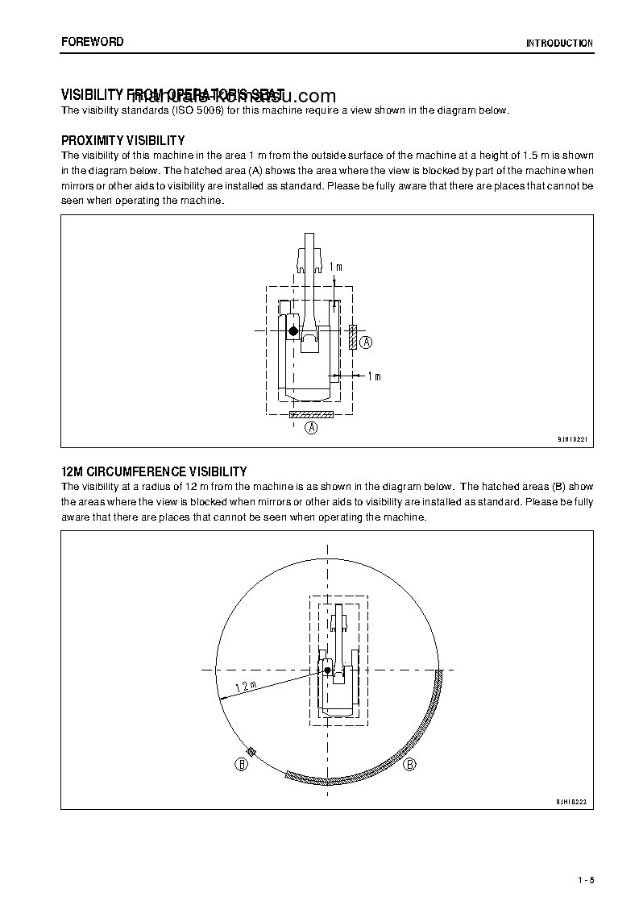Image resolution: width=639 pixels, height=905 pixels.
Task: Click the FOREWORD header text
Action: (x=93, y=42)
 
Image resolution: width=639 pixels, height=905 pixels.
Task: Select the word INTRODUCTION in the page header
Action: (x=559, y=44)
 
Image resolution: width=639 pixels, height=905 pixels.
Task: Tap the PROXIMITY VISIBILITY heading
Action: (x=123, y=140)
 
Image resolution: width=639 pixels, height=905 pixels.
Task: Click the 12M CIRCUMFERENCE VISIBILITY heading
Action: (x=154, y=471)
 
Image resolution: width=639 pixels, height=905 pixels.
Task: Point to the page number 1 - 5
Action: (x=586, y=879)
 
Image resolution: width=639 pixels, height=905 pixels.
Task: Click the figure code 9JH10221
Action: (x=572, y=440)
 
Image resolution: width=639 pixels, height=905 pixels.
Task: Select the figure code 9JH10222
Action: (x=571, y=802)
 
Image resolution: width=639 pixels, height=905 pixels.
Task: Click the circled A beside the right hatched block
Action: (x=366, y=342)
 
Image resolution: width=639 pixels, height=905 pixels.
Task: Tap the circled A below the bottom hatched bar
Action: (x=311, y=428)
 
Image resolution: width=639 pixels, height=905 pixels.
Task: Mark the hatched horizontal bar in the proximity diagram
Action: (x=310, y=414)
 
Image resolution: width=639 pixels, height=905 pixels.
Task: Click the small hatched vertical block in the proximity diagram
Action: (x=353, y=337)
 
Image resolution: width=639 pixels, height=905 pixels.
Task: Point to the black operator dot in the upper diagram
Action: (x=293, y=331)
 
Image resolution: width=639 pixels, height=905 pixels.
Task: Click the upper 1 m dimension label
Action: (x=336, y=267)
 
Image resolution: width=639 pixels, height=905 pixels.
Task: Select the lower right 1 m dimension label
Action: (x=373, y=376)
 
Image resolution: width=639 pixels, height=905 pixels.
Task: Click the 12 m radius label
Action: (x=246, y=687)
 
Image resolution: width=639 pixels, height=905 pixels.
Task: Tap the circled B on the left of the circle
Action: (x=241, y=765)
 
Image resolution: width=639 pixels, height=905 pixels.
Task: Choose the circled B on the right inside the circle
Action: (x=409, y=764)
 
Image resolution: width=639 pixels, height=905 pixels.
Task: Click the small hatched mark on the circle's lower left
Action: (x=251, y=753)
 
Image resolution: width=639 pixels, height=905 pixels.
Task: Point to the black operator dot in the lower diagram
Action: (x=327, y=670)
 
